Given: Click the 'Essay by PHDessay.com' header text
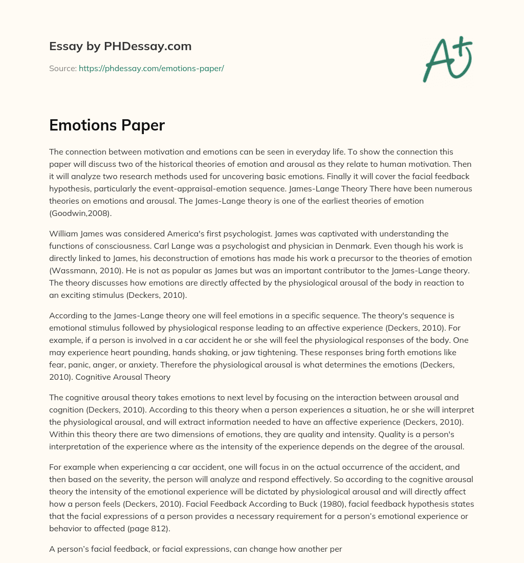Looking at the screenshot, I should tap(120, 47).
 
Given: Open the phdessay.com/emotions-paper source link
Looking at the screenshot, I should tap(151, 68).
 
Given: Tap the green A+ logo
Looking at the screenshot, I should tap(447, 59).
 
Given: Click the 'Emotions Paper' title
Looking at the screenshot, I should tap(106, 125).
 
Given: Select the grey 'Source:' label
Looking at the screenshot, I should tap(62, 68).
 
